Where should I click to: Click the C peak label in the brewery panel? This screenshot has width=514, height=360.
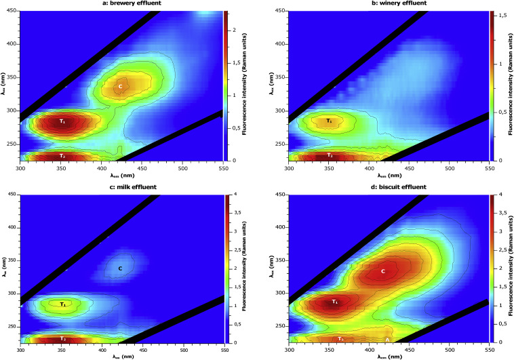120,86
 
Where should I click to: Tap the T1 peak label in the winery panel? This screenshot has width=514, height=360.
329,121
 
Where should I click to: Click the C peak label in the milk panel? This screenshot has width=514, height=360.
120,268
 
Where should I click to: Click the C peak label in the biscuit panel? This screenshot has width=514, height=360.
383,271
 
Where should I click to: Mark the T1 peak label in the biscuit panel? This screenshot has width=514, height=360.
335,301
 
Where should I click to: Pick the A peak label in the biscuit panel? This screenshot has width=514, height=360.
387,339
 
